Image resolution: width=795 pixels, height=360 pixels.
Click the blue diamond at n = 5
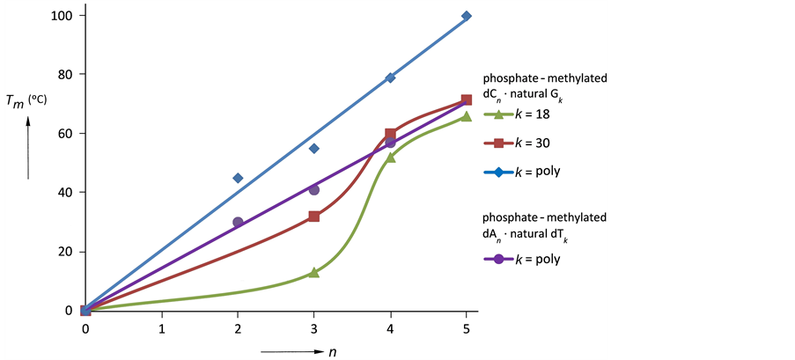[x=467, y=16]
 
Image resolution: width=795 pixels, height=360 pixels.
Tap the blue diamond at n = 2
[x=238, y=178]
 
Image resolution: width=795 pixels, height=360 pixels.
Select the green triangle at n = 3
[x=314, y=273]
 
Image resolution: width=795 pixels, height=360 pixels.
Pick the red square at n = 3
[x=314, y=216]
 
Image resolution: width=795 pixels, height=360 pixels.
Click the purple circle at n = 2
[x=238, y=223]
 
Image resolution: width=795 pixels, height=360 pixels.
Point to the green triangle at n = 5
[x=467, y=116]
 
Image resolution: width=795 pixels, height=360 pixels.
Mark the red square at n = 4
[x=391, y=134]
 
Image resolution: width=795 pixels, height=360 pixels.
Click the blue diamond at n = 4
[x=391, y=77]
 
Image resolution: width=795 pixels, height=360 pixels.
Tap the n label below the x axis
[x=334, y=350]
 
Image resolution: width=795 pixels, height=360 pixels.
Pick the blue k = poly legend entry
[x=526, y=171]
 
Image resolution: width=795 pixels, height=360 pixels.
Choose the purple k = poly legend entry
[x=526, y=259]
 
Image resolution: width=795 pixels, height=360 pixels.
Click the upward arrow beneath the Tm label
[x=28, y=145]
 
